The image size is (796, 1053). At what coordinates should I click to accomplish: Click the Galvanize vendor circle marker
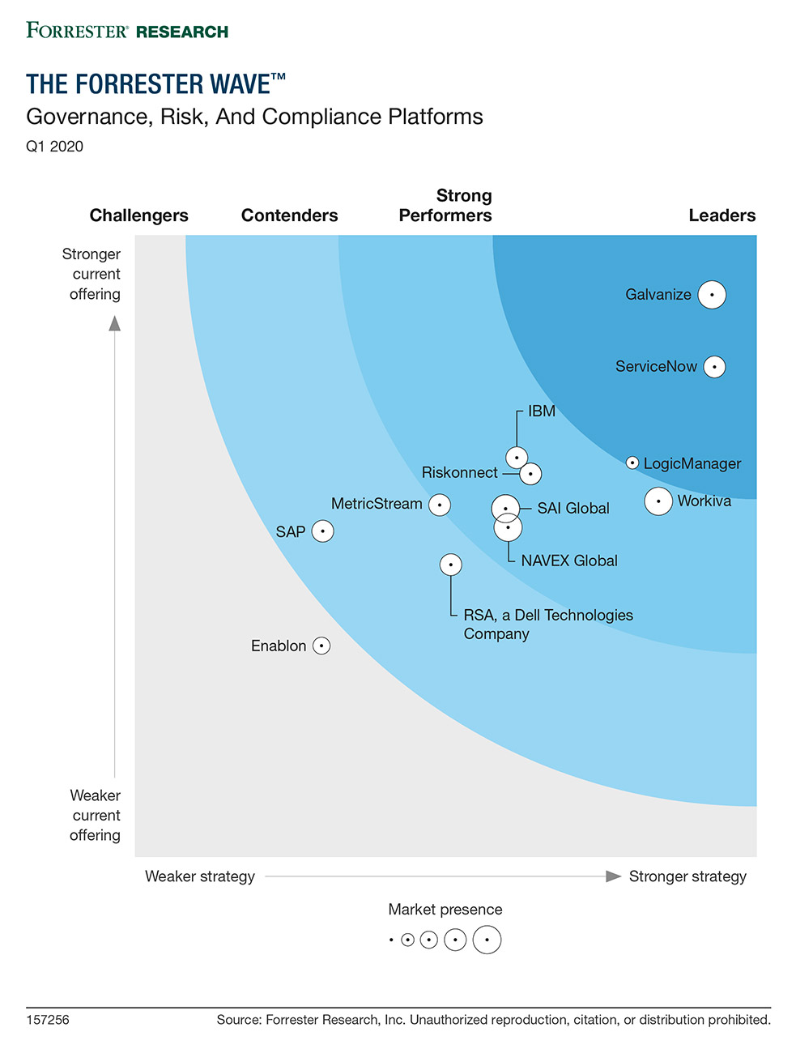pyautogui.click(x=712, y=295)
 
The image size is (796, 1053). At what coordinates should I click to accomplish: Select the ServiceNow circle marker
pyautogui.click(x=714, y=367)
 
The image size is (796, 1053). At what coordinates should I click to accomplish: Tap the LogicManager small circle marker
pyautogui.click(x=632, y=463)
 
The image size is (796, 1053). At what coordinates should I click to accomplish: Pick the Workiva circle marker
pyautogui.click(x=658, y=501)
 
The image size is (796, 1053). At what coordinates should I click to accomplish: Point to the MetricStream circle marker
pyautogui.click(x=440, y=505)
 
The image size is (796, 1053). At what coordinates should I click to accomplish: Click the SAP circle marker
pyautogui.click(x=322, y=531)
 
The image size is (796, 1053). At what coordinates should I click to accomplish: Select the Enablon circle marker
pyautogui.click(x=321, y=646)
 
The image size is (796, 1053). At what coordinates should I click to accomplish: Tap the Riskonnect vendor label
pyautogui.click(x=459, y=473)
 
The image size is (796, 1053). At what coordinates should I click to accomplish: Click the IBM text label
pyautogui.click(x=542, y=411)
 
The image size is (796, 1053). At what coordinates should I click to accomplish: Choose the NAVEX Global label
pyautogui.click(x=569, y=561)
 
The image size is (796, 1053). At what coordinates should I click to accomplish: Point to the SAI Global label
pyautogui.click(x=573, y=509)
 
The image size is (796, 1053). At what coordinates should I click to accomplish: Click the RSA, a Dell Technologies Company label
pyautogui.click(x=548, y=625)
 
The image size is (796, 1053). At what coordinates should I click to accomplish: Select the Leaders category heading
pyautogui.click(x=722, y=215)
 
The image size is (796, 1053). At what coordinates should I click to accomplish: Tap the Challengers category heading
pyautogui.click(x=138, y=215)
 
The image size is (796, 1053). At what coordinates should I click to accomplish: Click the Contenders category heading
pyautogui.click(x=289, y=215)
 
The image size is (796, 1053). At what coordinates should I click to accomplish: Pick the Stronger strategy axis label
pyautogui.click(x=687, y=876)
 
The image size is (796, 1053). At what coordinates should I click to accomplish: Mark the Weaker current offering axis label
pyautogui.click(x=96, y=816)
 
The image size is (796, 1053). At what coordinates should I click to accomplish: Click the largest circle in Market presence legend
pyautogui.click(x=487, y=940)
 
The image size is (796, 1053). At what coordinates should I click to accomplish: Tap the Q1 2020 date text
pyautogui.click(x=55, y=147)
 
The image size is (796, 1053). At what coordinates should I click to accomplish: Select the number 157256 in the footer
pyautogui.click(x=48, y=1020)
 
